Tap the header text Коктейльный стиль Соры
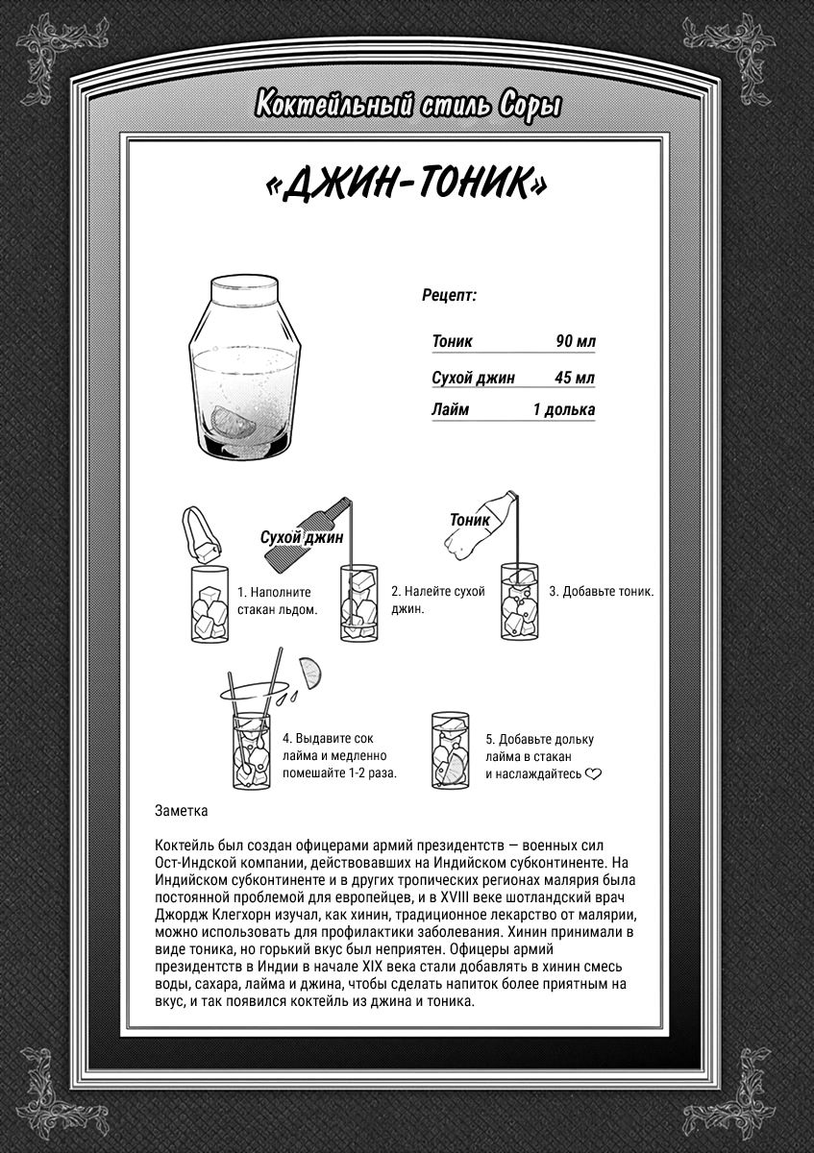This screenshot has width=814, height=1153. click(407, 105)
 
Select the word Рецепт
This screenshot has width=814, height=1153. click(449, 296)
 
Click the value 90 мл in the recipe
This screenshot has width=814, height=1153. click(575, 341)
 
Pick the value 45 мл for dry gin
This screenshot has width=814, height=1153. click(575, 378)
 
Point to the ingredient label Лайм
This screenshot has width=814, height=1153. click(451, 410)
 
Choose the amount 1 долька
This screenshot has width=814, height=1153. click(564, 410)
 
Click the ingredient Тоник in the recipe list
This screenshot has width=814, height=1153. click(453, 341)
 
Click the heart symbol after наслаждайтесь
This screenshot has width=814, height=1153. click(593, 773)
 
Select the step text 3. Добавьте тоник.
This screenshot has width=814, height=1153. click(601, 592)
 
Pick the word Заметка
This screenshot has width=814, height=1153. click(181, 810)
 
